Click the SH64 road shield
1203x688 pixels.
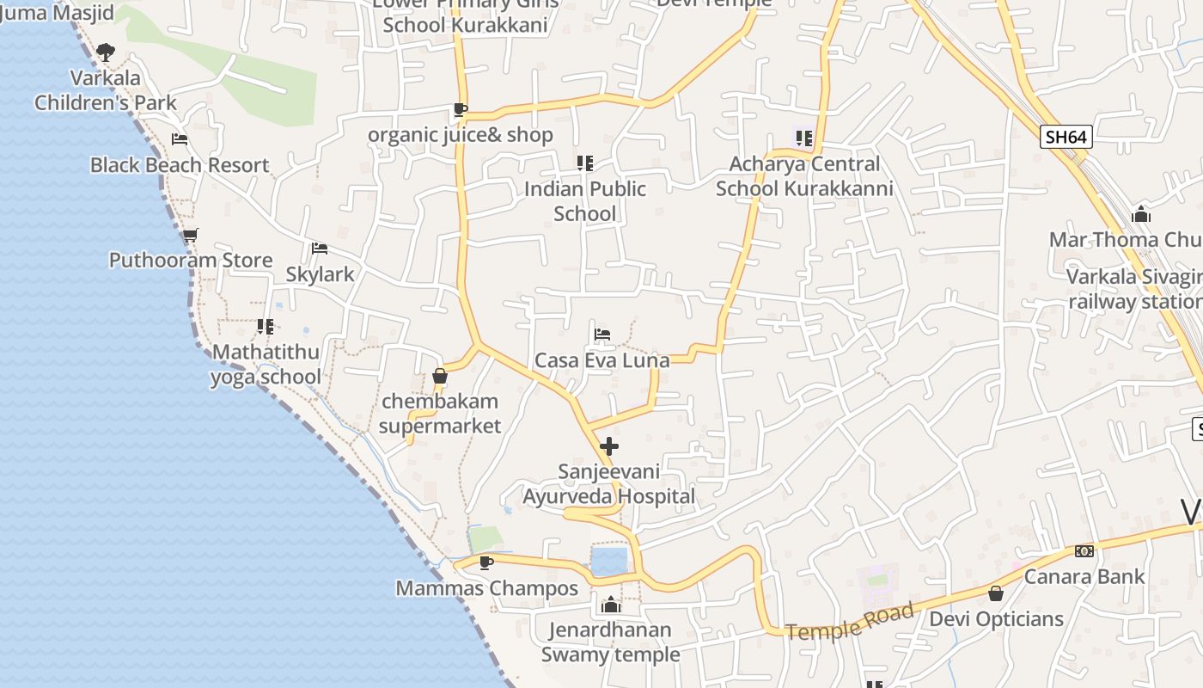[x=1066, y=137]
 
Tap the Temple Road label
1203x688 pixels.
[x=849, y=622]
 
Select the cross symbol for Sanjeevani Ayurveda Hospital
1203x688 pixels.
[x=609, y=446]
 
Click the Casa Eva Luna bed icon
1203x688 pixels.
[x=602, y=334]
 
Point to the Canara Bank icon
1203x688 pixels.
[x=1084, y=551]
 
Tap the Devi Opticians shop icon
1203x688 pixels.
[x=996, y=593]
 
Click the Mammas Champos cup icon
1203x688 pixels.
[x=486, y=562]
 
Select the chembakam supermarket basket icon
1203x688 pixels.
[x=440, y=376]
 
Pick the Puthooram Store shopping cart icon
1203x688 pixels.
[x=190, y=235]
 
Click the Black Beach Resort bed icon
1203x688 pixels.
[x=180, y=138]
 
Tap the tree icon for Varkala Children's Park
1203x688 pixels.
[x=106, y=52]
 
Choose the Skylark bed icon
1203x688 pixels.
[x=320, y=249]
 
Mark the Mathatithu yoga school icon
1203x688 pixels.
[x=266, y=326]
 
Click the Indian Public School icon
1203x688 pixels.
[x=585, y=163]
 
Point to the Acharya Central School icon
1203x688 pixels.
[x=804, y=138]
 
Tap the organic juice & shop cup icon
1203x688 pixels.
[x=461, y=109]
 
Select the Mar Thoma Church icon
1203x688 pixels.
[x=1141, y=213]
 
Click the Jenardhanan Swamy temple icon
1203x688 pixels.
[x=610, y=604]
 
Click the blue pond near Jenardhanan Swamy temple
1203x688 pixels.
[x=609, y=561]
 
